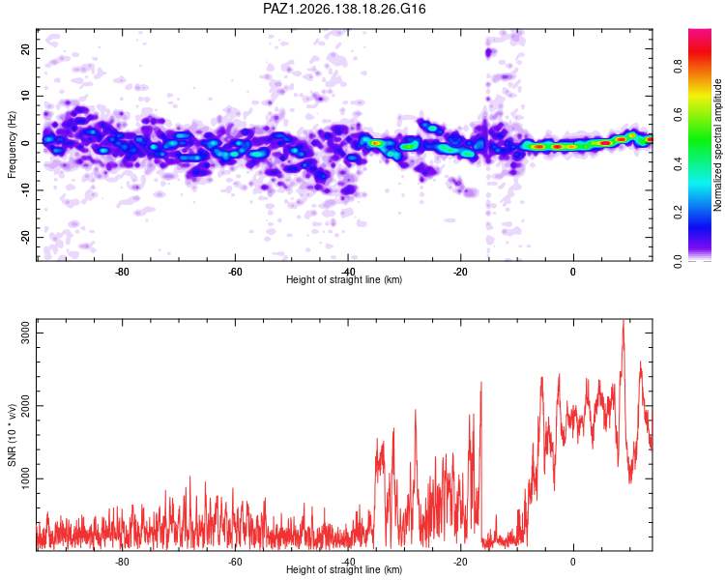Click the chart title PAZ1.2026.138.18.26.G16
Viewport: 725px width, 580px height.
click(344, 9)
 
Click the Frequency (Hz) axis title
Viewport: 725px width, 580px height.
click(12, 145)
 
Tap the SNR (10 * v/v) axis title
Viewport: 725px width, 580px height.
click(12, 435)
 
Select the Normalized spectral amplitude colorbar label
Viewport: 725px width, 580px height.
click(717, 145)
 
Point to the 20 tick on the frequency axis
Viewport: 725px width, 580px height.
click(25, 48)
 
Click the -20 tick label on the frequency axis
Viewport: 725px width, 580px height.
click(25, 237)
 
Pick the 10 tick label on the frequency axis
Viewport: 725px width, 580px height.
click(25, 96)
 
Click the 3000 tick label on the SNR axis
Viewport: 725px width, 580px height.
click(25, 333)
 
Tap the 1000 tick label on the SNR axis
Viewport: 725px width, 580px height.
click(25, 478)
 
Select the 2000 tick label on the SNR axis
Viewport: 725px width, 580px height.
click(25, 406)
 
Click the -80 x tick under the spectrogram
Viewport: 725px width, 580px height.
click(122, 272)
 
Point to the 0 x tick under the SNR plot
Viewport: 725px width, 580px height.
click(573, 562)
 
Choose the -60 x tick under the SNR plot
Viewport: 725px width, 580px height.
click(235, 562)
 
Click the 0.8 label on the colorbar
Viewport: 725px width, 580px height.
click(678, 65)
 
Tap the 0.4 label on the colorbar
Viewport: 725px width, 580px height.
click(678, 163)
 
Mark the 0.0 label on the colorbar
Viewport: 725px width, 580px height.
click(678, 261)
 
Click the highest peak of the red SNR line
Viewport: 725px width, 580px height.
click(623, 320)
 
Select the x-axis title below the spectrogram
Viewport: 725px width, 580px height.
click(344, 279)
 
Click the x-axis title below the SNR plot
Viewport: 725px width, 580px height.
click(344, 569)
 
